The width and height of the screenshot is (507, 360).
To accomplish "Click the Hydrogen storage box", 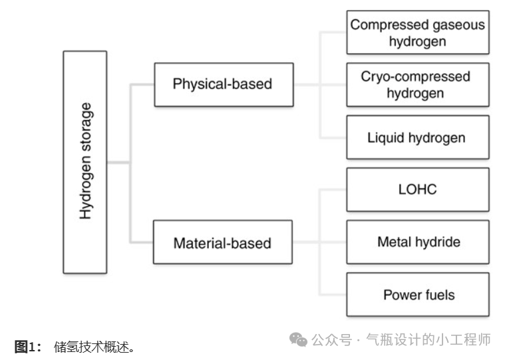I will pyautogui.click(x=85, y=162).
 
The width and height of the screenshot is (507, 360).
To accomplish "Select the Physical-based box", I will pyautogui.click(x=224, y=85).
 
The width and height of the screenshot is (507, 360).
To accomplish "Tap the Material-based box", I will pyautogui.click(x=224, y=243).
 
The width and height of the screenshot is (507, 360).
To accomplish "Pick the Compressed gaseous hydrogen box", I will pyautogui.click(x=417, y=33).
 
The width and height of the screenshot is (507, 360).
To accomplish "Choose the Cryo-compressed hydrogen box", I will pyautogui.click(x=417, y=85).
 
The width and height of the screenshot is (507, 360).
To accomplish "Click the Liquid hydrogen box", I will pyautogui.click(x=417, y=138).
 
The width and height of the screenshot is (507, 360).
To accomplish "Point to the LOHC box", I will pyautogui.click(x=417, y=190).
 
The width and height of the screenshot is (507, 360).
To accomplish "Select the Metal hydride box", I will pyautogui.click(x=417, y=242).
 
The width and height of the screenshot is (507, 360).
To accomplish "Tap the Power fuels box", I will pyautogui.click(x=417, y=294).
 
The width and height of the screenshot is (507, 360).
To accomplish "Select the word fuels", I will pyautogui.click(x=437, y=294).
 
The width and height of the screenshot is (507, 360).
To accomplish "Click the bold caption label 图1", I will pyautogui.click(x=27, y=347).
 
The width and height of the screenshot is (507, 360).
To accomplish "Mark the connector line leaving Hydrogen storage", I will pyautogui.click(x=118, y=162).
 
